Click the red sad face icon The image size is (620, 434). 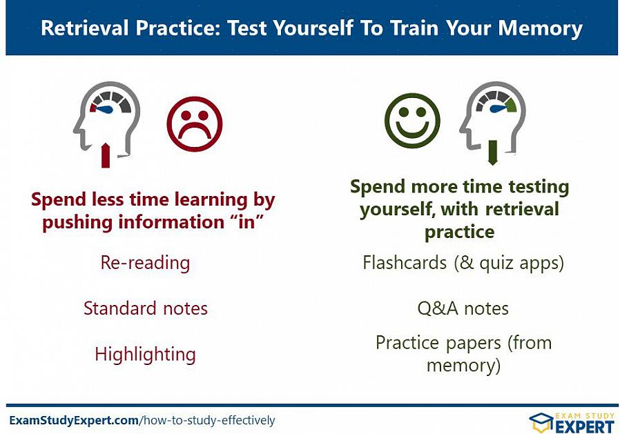(195, 124)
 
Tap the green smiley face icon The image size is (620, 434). (412, 121)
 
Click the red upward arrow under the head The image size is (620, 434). (106, 155)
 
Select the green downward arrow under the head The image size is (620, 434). (492, 152)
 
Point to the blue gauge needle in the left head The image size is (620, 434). (106, 110)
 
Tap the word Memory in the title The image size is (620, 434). (540, 29)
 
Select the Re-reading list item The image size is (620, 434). (145, 263)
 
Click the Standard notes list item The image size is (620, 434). (146, 308)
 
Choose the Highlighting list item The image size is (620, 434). (145, 354)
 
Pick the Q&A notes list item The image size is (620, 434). (463, 308)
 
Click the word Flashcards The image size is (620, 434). (405, 262)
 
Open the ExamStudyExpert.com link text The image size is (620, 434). (74, 420)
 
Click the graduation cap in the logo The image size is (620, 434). (541, 422)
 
